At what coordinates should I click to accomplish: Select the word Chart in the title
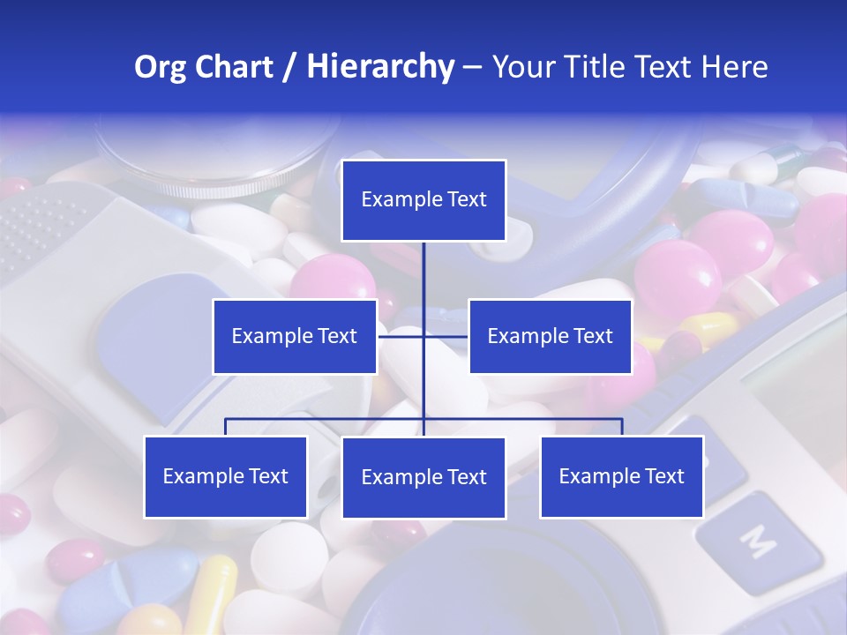pos(232,67)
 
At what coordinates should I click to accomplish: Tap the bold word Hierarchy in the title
pos(379,67)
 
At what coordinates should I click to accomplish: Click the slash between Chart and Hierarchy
pos(289,68)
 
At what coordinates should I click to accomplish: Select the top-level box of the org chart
pos(423,200)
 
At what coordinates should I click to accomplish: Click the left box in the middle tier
pos(295,336)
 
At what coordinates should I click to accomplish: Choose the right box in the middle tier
pos(550,336)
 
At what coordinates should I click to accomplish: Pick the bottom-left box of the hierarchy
pos(225,476)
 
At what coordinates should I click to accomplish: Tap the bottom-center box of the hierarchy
pos(423,477)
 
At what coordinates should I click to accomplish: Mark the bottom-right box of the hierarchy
pos(621,476)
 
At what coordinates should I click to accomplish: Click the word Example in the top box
pos(394,200)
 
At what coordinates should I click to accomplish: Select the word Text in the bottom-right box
pos(663,476)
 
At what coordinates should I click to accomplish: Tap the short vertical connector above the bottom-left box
pos(225,427)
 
